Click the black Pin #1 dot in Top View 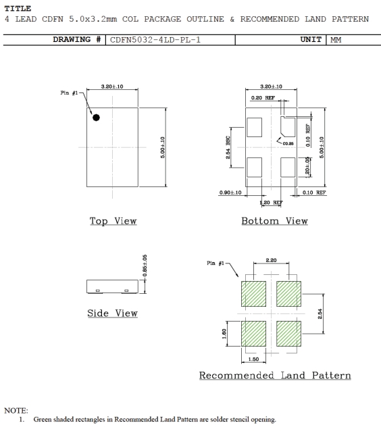[96, 118]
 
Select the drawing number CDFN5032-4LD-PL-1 [155, 40]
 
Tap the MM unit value [336, 40]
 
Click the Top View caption [113, 221]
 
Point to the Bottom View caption [274, 221]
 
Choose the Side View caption [112, 313]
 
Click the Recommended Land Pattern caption [275, 376]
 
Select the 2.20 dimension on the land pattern [271, 260]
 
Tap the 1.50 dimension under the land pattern [253, 359]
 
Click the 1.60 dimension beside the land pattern [224, 334]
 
